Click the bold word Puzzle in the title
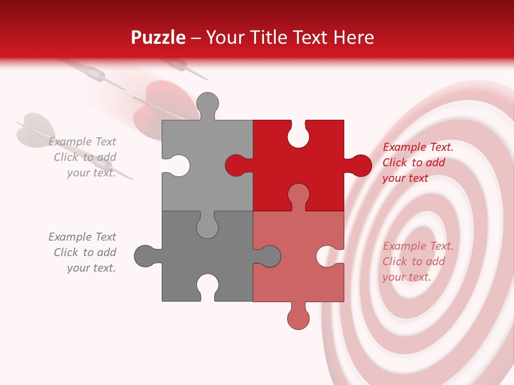158,37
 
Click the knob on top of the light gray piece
207,104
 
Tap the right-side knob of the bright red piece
360,165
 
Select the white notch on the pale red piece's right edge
328,256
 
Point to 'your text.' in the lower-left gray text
91,268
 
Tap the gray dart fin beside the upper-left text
35,128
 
